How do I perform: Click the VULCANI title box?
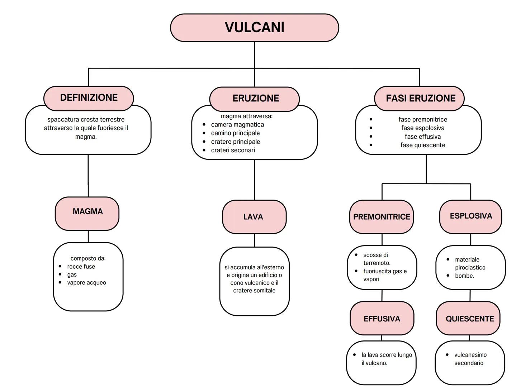click(254, 28)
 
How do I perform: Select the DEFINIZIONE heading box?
click(89, 97)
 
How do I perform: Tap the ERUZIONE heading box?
click(255, 98)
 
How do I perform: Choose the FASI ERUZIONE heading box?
click(420, 98)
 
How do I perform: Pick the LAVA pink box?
click(254, 217)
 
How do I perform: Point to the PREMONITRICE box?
click(382, 217)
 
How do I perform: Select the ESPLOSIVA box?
click(470, 216)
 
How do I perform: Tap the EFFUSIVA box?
click(382, 319)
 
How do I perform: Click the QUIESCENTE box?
click(469, 319)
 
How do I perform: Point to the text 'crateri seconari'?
click(233, 150)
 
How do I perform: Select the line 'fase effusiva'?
click(423, 137)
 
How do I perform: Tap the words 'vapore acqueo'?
click(86, 283)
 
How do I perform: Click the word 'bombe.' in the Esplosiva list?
click(464, 276)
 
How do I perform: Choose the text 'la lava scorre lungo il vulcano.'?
click(386, 359)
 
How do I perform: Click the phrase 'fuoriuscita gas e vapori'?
click(384, 275)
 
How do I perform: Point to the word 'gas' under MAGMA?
click(72, 275)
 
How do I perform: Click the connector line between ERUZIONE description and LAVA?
click(255, 180)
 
